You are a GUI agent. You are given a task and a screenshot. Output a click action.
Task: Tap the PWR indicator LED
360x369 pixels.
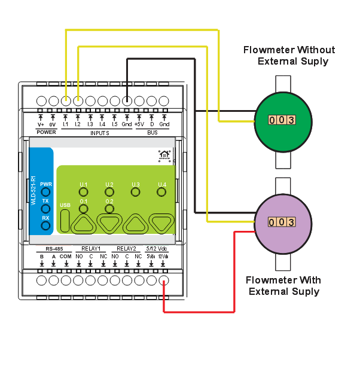[45, 193]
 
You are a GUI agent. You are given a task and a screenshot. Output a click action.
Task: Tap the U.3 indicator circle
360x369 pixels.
[135, 192]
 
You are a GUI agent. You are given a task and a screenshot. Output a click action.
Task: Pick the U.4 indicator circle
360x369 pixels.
[161, 192]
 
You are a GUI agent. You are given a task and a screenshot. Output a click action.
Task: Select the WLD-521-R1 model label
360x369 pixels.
[33, 191]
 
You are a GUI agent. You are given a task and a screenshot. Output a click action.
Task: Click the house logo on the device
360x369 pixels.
[164, 156]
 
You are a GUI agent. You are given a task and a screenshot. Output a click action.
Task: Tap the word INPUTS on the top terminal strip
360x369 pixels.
[99, 133]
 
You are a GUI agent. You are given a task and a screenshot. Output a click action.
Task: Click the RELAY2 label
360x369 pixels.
[126, 248]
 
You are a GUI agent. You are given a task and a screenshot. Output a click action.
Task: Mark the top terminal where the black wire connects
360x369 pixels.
[127, 101]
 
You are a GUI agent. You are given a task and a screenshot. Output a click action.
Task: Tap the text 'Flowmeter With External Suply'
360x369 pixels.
[283, 286]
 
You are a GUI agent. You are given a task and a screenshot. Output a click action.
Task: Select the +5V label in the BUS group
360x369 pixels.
[139, 124]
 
